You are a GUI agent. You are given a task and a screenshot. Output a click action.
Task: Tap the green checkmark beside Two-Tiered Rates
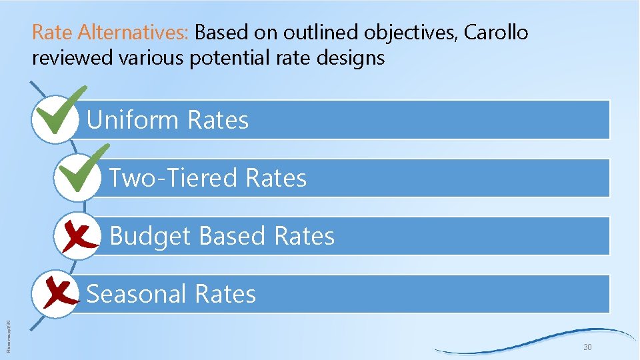(81, 171)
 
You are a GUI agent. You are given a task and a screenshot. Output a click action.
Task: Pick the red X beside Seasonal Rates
(58, 294)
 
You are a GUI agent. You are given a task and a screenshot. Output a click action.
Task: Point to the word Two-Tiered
(173, 179)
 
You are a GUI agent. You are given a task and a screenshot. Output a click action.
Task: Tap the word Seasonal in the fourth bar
(136, 294)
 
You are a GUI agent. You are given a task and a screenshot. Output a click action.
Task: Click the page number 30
(588, 348)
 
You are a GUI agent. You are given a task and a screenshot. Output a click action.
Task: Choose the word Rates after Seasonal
(225, 294)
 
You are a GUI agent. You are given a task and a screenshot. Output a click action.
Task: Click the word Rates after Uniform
(218, 121)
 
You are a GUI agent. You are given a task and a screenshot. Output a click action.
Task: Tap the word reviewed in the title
(73, 59)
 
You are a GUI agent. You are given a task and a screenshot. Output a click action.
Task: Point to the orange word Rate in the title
(53, 32)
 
